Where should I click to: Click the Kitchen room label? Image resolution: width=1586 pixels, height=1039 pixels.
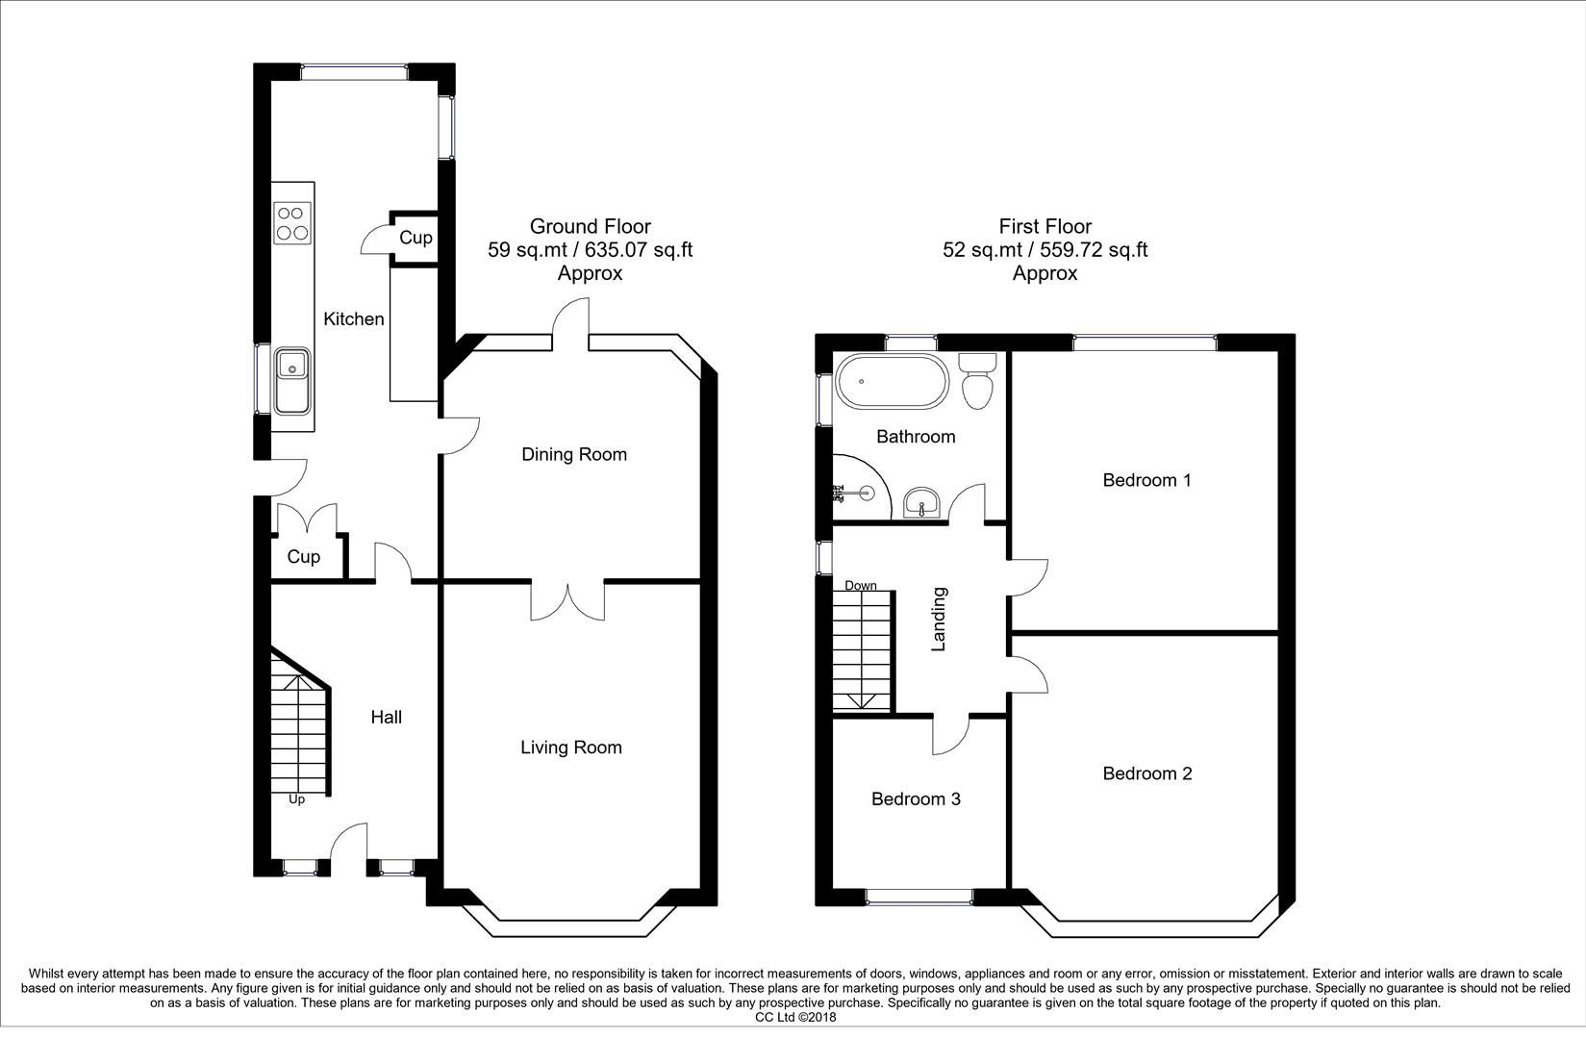point(353,319)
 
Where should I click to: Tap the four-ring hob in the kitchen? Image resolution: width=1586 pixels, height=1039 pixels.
point(292,223)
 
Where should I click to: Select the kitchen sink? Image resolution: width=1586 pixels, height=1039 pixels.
point(291,379)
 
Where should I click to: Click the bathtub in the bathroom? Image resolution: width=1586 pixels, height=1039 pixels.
point(890,382)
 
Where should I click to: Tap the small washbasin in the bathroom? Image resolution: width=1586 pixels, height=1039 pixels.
point(923,502)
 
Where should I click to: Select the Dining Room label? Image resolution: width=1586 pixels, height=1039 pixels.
point(574,454)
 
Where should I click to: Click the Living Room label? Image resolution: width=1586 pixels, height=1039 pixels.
point(571,748)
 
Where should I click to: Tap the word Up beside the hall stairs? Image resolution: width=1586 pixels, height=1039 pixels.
point(296,799)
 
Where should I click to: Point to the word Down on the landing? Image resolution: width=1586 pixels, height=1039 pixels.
point(861,585)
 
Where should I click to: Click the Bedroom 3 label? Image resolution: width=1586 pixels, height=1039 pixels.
point(916,799)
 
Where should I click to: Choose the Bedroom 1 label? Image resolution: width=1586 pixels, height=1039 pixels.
point(1146,480)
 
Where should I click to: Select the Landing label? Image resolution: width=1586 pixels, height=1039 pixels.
point(940,620)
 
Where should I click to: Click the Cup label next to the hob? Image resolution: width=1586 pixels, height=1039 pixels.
point(415,238)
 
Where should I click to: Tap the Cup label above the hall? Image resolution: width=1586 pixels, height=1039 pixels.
point(304,557)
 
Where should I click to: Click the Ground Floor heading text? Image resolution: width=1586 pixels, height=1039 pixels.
point(591,227)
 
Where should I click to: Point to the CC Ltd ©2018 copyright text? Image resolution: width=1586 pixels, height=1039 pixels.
point(795,1017)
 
